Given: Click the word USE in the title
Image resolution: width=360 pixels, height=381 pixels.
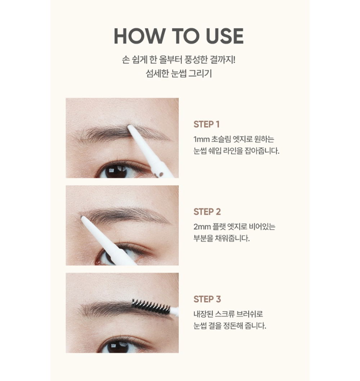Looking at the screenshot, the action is click(x=225, y=36).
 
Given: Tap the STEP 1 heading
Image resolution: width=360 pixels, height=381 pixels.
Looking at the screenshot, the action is click(x=207, y=124).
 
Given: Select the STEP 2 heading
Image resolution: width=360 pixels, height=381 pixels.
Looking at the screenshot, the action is click(x=207, y=212).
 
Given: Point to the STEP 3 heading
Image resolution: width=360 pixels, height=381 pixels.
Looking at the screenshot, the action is click(x=207, y=299).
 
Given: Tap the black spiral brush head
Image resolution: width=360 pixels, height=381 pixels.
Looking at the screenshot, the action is click(x=150, y=307).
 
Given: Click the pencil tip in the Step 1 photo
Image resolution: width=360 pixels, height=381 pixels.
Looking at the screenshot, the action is click(x=130, y=127).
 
